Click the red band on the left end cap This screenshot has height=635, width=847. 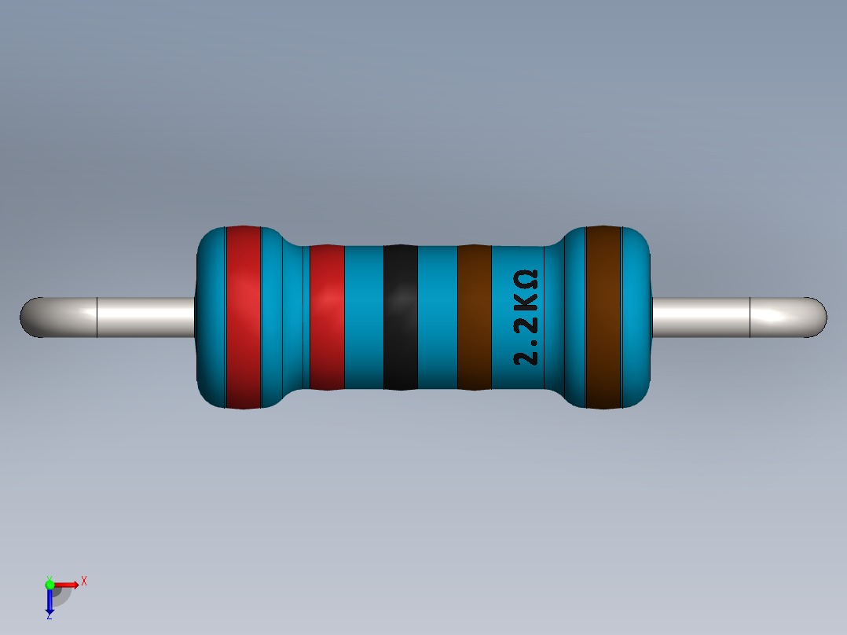pos(243,317)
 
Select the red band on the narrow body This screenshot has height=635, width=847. pos(327,317)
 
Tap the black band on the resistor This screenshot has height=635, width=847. pos(400,317)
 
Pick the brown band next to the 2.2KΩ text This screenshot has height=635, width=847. pos(474,317)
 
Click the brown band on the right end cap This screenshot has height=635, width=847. pos(603,317)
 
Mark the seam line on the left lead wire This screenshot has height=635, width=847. pos(97,317)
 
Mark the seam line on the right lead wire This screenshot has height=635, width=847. pos(750,317)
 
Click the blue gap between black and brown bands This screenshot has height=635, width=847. pos(437,317)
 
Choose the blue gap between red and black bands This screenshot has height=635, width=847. pos(364,317)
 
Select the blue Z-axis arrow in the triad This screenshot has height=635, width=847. pos(49,600)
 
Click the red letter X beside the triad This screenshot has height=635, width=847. pos(84,582)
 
